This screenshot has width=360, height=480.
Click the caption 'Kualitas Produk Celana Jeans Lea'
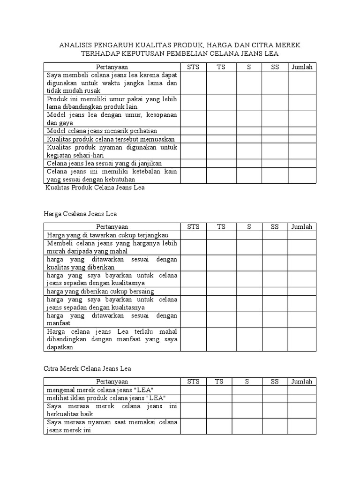pyautogui.click(x=95, y=187)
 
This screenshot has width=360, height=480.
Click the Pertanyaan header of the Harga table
pyautogui.click(x=112, y=227)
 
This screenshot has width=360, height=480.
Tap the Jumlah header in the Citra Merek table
pyautogui.click(x=302, y=382)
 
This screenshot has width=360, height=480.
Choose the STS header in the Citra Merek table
pyautogui.click(x=193, y=382)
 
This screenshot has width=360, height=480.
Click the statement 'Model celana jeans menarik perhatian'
pyautogui.click(x=102, y=131)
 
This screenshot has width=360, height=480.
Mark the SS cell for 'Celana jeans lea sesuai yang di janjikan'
pyautogui.click(x=275, y=163)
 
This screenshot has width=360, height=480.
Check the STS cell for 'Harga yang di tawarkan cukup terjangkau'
pyautogui.click(x=193, y=235)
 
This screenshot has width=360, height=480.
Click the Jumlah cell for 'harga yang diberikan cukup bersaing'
pyautogui.click(x=302, y=291)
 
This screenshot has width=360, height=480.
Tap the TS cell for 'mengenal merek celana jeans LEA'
pyautogui.click(x=219, y=390)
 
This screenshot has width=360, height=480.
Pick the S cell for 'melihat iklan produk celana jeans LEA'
pyautogui.click(x=249, y=398)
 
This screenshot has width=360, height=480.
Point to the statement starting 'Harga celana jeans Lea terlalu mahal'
pyautogui.click(x=112, y=340)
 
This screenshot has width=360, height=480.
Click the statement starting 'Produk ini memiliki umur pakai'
pyautogui.click(x=112, y=103)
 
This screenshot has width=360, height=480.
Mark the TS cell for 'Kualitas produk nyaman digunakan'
pyautogui.click(x=221, y=151)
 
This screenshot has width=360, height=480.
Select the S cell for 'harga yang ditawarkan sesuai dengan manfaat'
pyautogui.click(x=249, y=320)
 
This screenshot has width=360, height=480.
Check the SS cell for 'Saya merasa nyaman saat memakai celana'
pyautogui.click(x=275, y=427)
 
